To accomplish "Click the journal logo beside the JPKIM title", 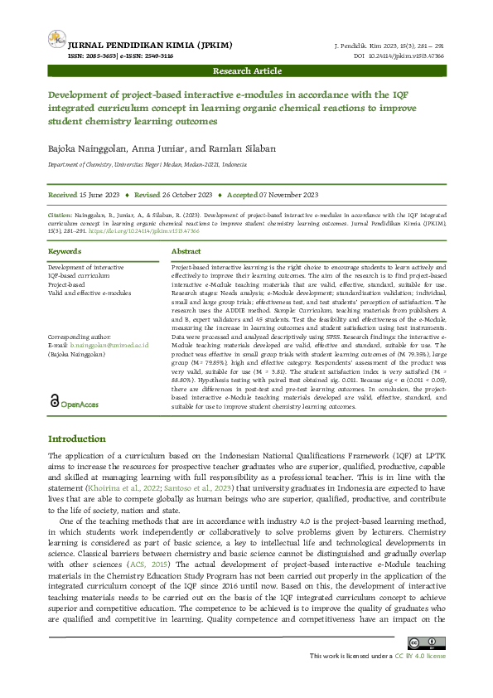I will coord(56,38).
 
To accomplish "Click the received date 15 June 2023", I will coord(100,195).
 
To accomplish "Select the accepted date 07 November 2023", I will coord(289,195).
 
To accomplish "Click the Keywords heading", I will coord(65,250).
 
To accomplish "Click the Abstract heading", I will coord(186,250).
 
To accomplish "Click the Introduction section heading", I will coord(76,439).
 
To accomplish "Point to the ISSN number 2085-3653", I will coord(85,56).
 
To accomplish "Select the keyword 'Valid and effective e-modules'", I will coord(89,293).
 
